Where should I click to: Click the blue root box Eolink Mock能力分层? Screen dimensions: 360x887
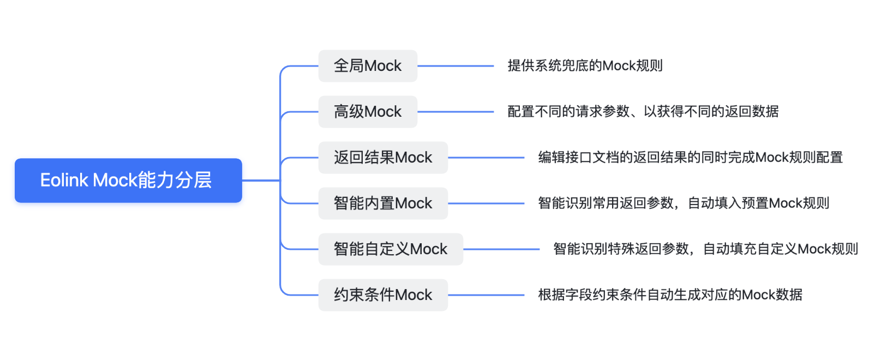tap(128, 181)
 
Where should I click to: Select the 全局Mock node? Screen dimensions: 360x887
tap(368, 66)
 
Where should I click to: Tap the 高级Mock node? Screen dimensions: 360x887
tap(368, 112)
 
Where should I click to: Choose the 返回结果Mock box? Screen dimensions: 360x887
tap(383, 158)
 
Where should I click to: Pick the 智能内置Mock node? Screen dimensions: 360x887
tap(383, 203)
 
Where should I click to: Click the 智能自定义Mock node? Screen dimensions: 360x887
tap(391, 249)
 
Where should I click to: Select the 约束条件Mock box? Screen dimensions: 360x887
tap(383, 295)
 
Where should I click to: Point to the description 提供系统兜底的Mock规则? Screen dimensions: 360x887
tap(585, 66)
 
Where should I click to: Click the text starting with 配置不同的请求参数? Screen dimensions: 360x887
tap(643, 112)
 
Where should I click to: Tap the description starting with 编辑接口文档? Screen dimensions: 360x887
tap(690, 158)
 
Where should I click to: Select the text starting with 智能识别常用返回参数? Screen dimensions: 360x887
tap(683, 203)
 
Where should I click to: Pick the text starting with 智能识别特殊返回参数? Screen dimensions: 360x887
tap(705, 249)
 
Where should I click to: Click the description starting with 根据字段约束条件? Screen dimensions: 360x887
tap(670, 295)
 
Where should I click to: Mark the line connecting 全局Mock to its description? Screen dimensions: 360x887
tap(456, 66)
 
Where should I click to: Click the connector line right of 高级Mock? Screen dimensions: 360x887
tap(456, 112)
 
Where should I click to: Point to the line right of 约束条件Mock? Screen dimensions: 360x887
tap(486, 295)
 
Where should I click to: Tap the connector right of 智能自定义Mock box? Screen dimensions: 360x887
tap(501, 249)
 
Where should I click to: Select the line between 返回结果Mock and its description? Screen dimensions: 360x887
tap(486, 158)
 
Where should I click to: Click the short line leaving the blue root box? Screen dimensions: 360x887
tap(260, 181)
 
